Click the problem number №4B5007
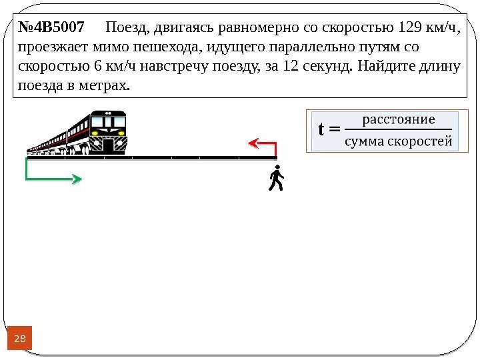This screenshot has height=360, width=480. (51, 28)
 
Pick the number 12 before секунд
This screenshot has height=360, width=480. (290, 67)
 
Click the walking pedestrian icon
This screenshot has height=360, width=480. (275, 179)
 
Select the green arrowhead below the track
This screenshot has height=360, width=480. (77, 179)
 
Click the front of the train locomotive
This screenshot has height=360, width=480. (108, 134)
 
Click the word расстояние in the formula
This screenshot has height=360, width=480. (398, 119)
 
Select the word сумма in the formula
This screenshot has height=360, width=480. (365, 141)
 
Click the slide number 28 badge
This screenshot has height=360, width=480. (20, 339)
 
